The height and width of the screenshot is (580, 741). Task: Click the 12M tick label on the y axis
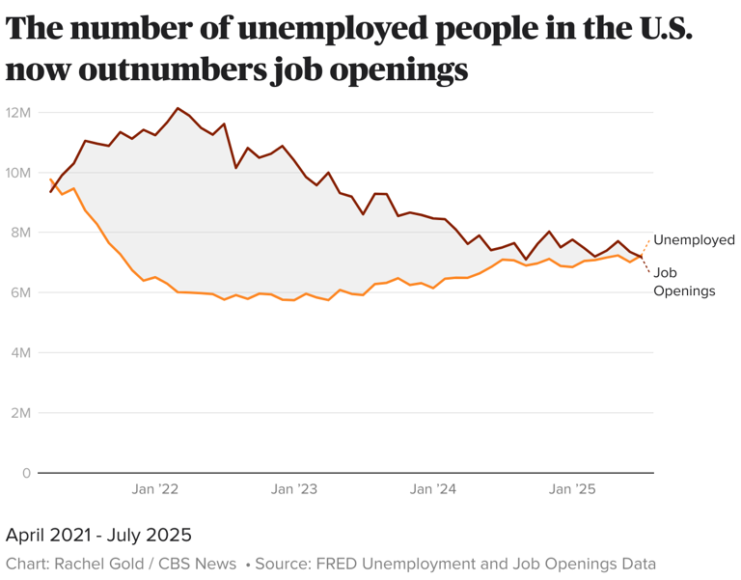[x=19, y=113]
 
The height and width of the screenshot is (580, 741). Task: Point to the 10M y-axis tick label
[x=19, y=173]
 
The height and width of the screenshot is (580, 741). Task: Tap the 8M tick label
[x=21, y=233]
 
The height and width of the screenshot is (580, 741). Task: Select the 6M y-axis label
[x=21, y=292]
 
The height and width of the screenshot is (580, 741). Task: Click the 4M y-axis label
[x=21, y=353]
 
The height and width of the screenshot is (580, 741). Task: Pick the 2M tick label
[x=21, y=413]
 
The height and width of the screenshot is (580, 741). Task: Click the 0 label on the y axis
[x=27, y=473]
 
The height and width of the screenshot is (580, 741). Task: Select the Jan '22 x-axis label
[x=155, y=489]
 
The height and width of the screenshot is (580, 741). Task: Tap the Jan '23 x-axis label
[x=294, y=489]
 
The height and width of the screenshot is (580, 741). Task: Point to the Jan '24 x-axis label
[x=433, y=489]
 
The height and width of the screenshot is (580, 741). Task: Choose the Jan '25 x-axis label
[x=573, y=489]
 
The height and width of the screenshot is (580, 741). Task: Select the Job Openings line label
[x=684, y=281]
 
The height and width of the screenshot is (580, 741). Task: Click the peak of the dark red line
[x=178, y=108]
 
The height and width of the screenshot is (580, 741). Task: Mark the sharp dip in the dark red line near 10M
[x=236, y=168]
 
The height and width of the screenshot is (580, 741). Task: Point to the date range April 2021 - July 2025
[x=98, y=535]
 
